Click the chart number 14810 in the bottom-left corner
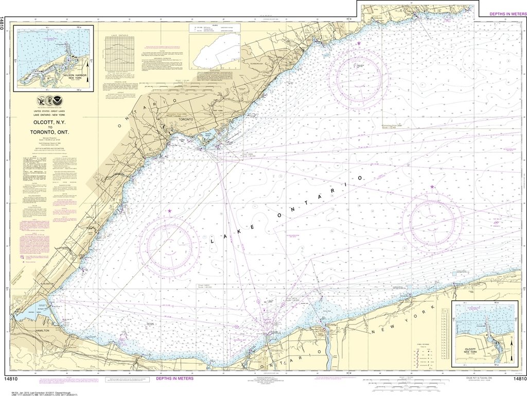11,380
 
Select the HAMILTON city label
42,330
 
